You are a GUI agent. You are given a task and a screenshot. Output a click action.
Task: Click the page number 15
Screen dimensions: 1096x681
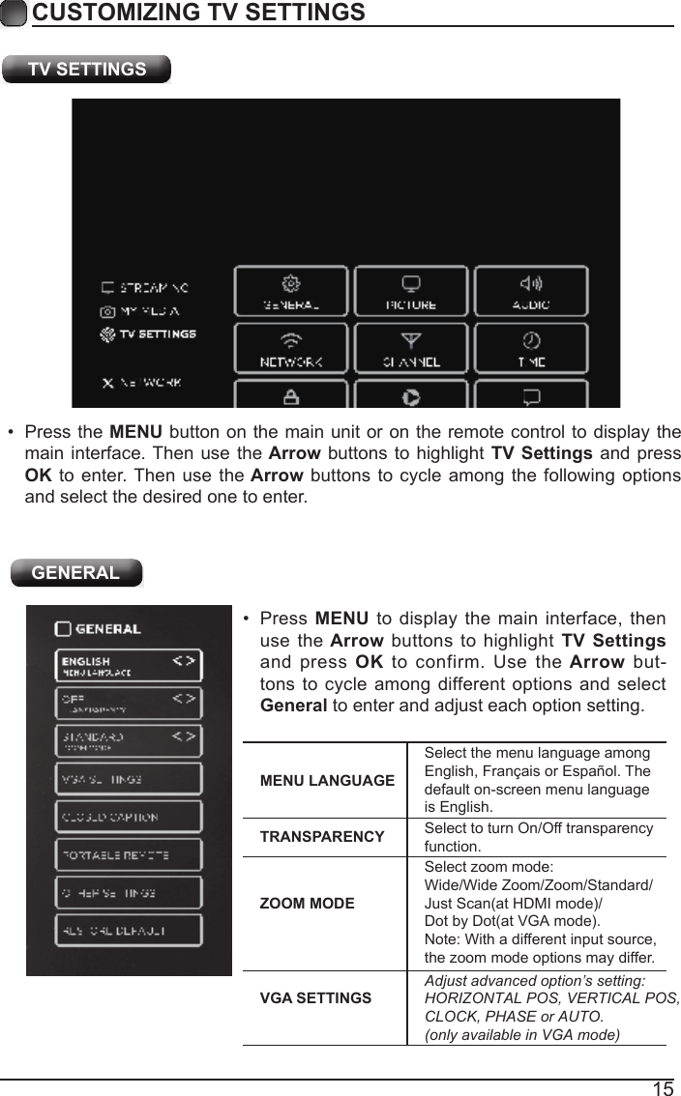tap(663, 1089)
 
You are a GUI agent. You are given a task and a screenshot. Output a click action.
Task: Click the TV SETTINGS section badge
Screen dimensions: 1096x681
tap(87, 70)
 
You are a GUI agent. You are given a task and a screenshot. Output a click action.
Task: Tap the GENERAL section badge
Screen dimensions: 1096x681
tap(76, 572)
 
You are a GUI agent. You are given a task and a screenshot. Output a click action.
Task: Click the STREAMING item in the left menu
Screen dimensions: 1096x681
tap(146, 288)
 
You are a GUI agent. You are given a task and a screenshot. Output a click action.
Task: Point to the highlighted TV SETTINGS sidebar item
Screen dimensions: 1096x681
tap(149, 334)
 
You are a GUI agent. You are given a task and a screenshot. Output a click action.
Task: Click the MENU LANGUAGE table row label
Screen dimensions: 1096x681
tap(327, 781)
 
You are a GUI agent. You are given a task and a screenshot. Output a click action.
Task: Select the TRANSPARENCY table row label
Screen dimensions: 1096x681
tap(322, 837)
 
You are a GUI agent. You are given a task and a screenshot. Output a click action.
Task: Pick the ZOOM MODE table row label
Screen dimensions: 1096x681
tap(308, 904)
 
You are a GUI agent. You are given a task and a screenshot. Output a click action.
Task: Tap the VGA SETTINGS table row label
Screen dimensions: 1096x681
tap(315, 997)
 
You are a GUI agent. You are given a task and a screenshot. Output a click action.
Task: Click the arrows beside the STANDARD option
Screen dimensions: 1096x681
tap(184, 736)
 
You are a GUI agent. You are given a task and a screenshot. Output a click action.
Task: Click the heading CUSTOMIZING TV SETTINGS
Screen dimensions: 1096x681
tap(198, 13)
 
